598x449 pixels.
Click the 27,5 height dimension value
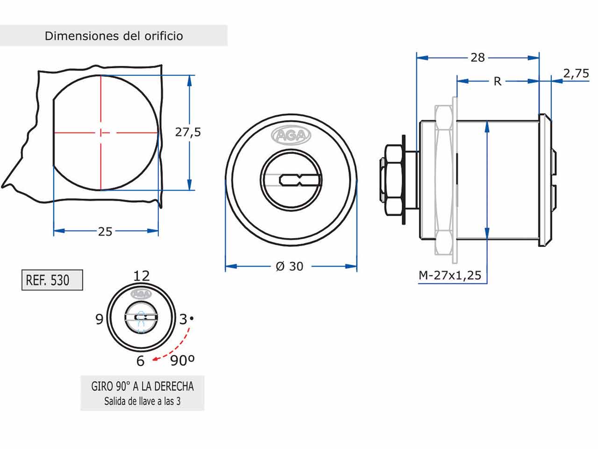[188, 132]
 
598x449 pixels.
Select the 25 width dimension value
[105, 231]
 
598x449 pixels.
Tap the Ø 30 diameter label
[290, 266]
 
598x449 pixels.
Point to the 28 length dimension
[477, 58]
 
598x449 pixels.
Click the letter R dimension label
[498, 81]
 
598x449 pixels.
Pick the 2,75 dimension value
[576, 73]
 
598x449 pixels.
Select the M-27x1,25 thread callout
[449, 275]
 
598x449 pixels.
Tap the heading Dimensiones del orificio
[114, 36]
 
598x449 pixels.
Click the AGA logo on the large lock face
[291, 136]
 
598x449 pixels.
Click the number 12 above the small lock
[142, 275]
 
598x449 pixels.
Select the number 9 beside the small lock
[99, 319]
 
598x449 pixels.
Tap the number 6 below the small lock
[140, 361]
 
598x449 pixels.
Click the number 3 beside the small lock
[183, 319]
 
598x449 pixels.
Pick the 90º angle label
[182, 360]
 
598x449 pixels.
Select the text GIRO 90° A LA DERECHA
[142, 386]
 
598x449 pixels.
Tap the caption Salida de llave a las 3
[142, 401]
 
